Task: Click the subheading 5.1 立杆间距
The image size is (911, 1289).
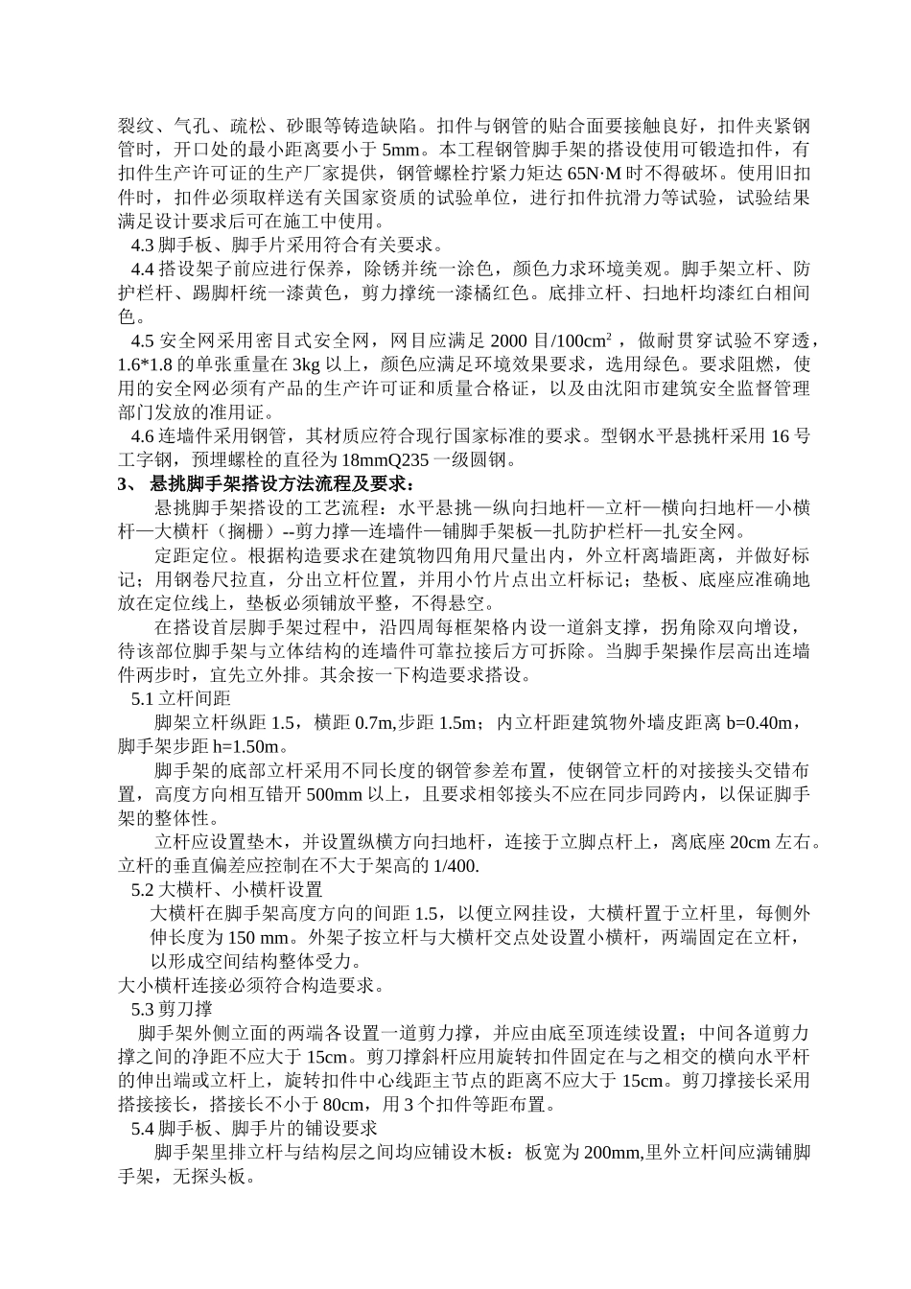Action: (x=180, y=699)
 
